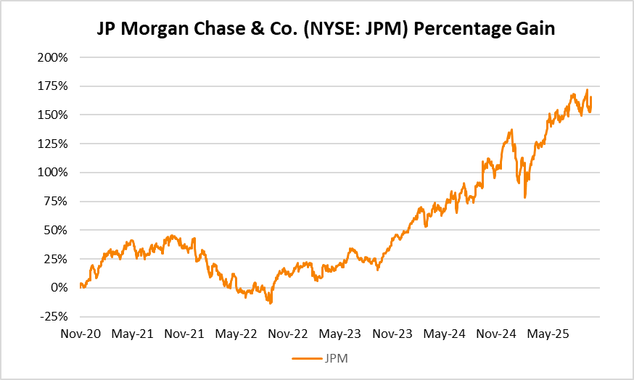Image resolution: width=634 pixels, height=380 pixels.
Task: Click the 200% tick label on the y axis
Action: coord(53,57)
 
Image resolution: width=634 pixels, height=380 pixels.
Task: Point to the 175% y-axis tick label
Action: coord(53,86)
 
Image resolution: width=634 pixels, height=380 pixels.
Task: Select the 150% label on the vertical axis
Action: coord(53,115)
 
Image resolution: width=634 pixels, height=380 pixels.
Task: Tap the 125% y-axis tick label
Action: coord(53,144)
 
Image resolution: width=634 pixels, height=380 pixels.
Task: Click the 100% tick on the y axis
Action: coord(53,173)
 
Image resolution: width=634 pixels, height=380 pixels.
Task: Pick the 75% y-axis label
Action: coord(56,202)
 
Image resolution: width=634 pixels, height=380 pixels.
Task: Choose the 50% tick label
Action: coord(56,230)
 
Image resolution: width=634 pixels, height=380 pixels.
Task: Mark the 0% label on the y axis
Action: coord(59,288)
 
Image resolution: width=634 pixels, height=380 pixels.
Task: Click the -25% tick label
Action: coord(54,317)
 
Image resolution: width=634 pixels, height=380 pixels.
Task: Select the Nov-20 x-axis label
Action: coord(80,335)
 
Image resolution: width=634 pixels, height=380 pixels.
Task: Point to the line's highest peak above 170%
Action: coord(587,90)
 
